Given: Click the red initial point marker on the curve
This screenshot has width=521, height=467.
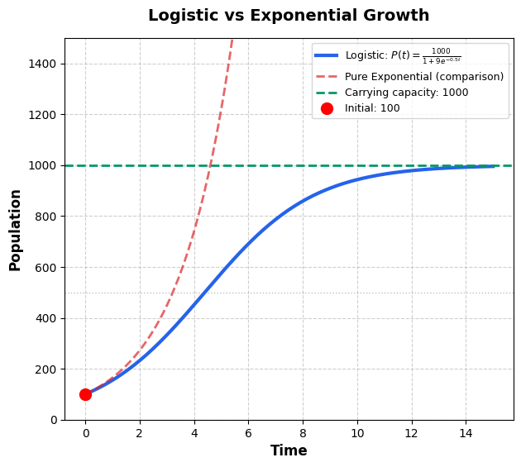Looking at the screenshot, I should point(85,394).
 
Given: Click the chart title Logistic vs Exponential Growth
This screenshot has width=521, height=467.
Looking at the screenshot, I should point(289,16).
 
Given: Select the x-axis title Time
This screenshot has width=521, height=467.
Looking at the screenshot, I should point(289,450).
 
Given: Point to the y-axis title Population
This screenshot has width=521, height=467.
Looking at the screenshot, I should point(16,230).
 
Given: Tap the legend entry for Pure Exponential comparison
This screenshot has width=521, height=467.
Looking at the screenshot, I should point(423,77).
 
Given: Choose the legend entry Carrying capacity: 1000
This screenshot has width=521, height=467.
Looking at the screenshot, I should point(406,93).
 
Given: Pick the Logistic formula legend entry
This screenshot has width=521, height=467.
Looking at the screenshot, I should point(403,56).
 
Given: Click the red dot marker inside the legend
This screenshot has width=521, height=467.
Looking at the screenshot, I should point(327,108).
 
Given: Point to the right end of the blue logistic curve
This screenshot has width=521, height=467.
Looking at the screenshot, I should point(493,166).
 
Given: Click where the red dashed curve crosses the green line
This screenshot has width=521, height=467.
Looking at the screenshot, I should point(210,165).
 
